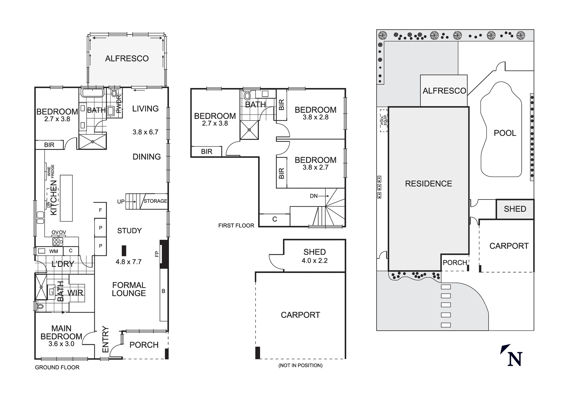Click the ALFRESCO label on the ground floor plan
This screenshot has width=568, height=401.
click(x=127, y=58)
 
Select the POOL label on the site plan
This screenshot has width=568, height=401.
click(x=505, y=133)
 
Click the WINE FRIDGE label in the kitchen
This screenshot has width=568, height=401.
click(x=51, y=171)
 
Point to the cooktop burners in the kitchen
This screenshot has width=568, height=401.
click(x=58, y=242)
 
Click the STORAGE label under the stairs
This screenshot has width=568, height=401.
click(x=155, y=201)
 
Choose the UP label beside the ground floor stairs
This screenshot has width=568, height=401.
click(x=121, y=201)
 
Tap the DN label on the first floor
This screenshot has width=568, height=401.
click(x=314, y=196)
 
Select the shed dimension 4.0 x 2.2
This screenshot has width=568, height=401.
click(x=314, y=261)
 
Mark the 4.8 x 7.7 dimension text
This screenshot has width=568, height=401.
click(x=128, y=262)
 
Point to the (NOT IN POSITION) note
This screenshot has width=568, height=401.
click(x=300, y=365)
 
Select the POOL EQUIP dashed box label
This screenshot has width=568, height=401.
click(x=384, y=121)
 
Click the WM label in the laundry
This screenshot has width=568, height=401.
click(x=53, y=251)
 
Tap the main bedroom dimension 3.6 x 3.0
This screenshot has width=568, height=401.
click(x=61, y=344)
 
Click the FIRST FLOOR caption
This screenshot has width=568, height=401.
click(x=236, y=225)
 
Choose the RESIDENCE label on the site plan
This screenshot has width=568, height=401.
click(x=428, y=184)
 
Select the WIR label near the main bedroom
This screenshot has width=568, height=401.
click(x=75, y=293)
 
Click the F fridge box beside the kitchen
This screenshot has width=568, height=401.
click(x=100, y=210)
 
